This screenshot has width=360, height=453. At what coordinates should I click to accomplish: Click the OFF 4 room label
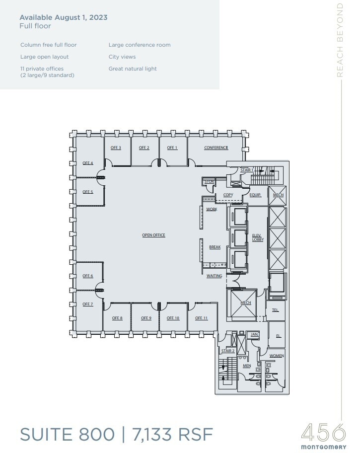(88, 163)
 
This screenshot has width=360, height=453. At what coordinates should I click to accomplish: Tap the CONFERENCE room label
(216, 148)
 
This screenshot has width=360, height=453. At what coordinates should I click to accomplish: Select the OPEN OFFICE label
(153, 235)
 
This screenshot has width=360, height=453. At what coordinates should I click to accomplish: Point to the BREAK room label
(215, 247)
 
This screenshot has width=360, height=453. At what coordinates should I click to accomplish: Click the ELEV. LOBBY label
(258, 237)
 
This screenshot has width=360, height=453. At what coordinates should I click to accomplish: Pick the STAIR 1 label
(247, 170)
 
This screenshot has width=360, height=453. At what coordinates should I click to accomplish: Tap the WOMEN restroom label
(277, 356)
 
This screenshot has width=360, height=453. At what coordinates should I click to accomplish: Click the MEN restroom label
(247, 366)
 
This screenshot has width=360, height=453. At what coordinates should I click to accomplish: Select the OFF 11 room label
(201, 318)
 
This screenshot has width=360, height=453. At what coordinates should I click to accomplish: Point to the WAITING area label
(215, 276)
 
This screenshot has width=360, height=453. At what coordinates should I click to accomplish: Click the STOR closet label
(209, 182)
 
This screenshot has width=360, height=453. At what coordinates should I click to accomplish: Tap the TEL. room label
(275, 310)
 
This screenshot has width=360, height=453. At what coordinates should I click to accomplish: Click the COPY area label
(228, 195)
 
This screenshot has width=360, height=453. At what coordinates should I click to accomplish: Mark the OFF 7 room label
(88, 304)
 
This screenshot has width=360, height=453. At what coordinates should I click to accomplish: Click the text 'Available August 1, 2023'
(64, 17)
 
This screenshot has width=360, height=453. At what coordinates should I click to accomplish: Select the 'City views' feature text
(122, 57)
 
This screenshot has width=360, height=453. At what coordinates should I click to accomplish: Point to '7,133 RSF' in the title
(172, 435)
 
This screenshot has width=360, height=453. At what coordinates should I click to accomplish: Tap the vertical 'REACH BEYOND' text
(340, 40)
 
